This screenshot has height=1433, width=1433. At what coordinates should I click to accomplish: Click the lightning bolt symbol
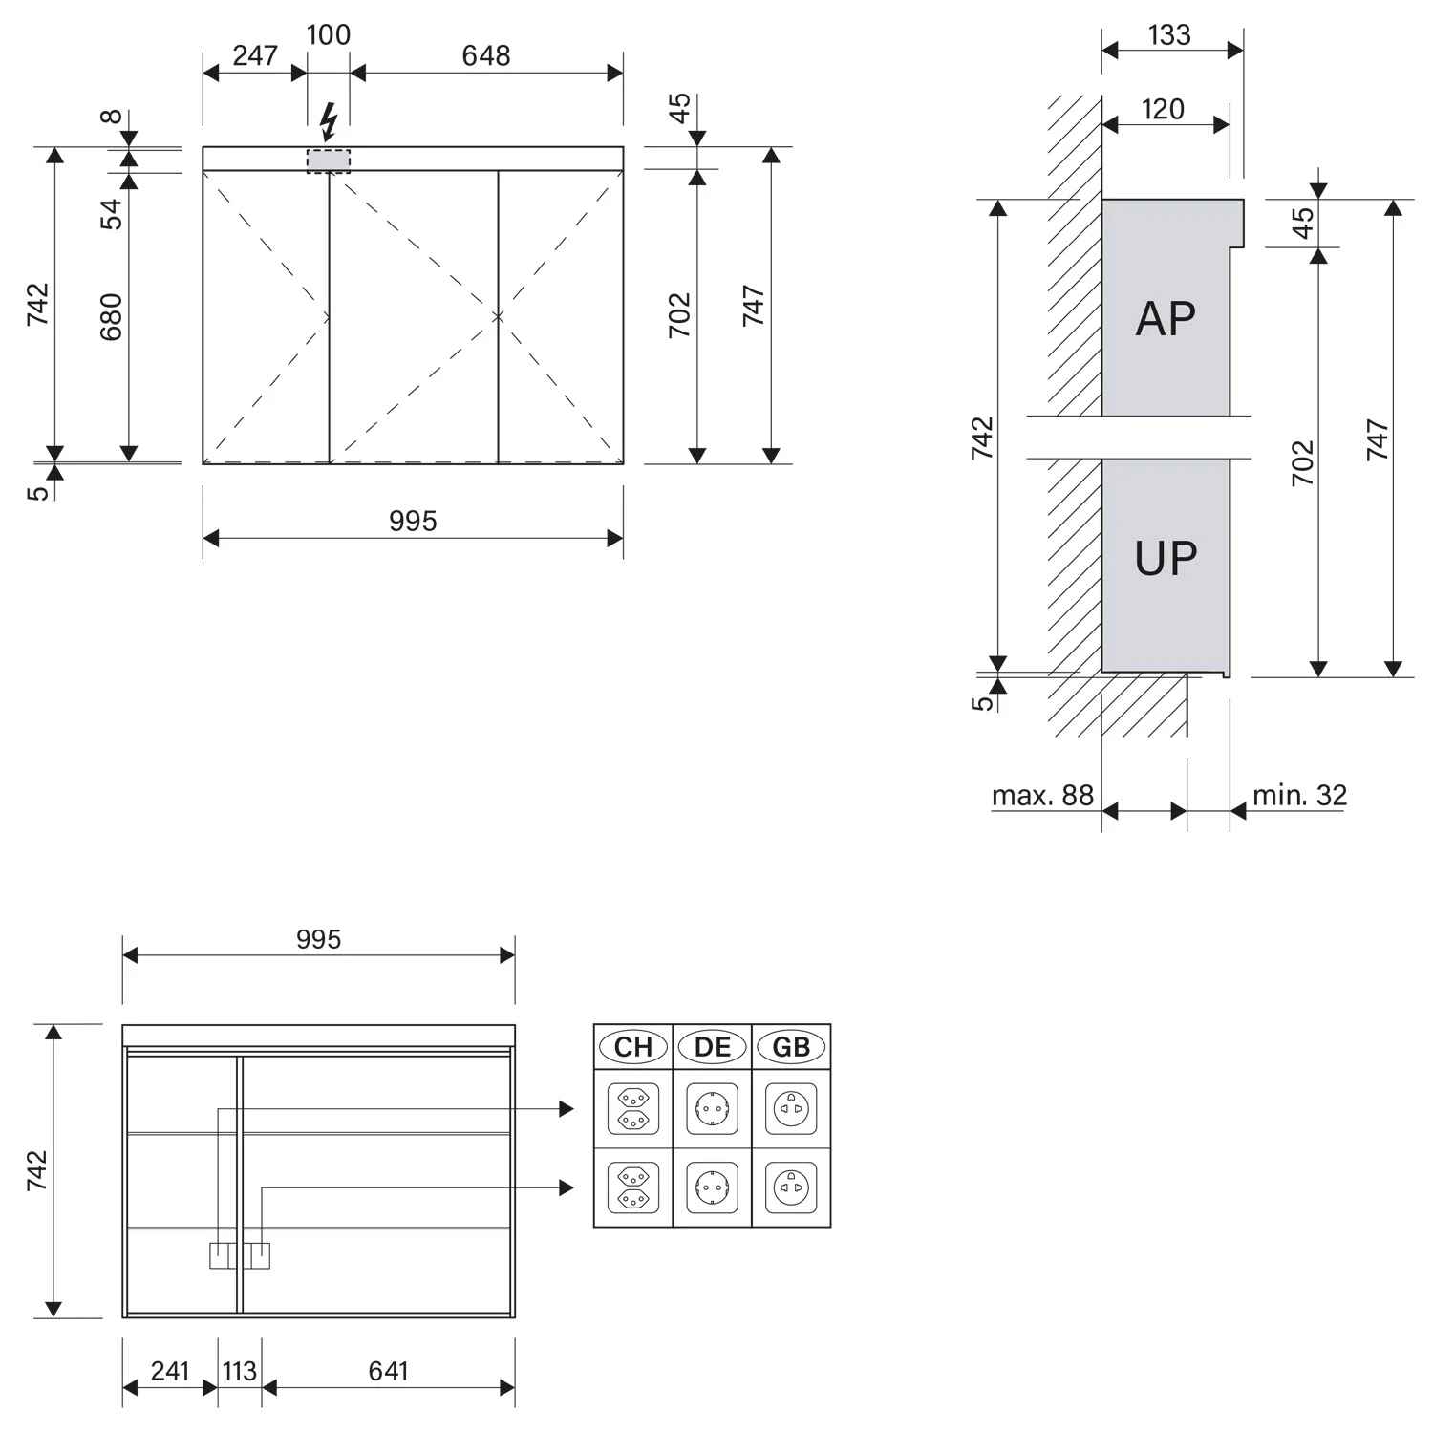329,122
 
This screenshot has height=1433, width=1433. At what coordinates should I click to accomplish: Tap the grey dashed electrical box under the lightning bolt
329,160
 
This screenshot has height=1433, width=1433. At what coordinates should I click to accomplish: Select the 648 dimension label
486,55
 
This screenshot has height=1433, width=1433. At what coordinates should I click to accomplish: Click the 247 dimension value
255,55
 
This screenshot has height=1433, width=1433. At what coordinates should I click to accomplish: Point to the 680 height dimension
112,317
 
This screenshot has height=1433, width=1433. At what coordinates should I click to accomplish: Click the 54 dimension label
112,214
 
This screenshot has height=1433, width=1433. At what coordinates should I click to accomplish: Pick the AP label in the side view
1166,318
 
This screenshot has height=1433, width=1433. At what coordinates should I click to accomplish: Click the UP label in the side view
1166,558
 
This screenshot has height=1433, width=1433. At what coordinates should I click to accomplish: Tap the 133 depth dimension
1169,34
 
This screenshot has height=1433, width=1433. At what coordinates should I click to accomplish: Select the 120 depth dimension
1163,109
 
